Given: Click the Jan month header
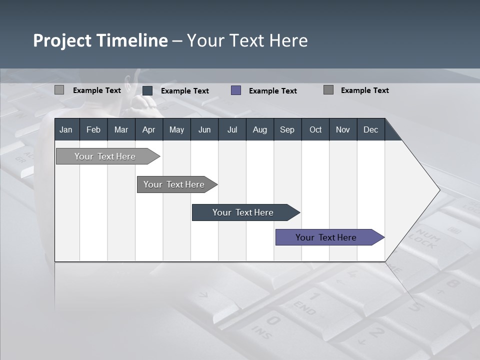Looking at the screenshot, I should pyautogui.click(x=66, y=129).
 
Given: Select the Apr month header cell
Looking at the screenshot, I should pyautogui.click(x=148, y=129).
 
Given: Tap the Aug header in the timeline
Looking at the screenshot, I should pyautogui.click(x=259, y=129).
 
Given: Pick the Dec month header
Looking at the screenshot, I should pyautogui.click(x=370, y=129).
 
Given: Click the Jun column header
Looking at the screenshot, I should pyautogui.click(x=204, y=129).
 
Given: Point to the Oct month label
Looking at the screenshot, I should pyautogui.click(x=315, y=129).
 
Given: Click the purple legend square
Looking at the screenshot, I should pyautogui.click(x=236, y=90).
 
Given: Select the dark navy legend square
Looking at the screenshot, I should pyautogui.click(x=147, y=90).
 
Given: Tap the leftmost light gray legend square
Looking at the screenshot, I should pyautogui.click(x=59, y=90).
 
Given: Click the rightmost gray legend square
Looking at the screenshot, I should pyautogui.click(x=328, y=90).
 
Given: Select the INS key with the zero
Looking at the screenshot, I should pyautogui.click(x=267, y=325).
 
